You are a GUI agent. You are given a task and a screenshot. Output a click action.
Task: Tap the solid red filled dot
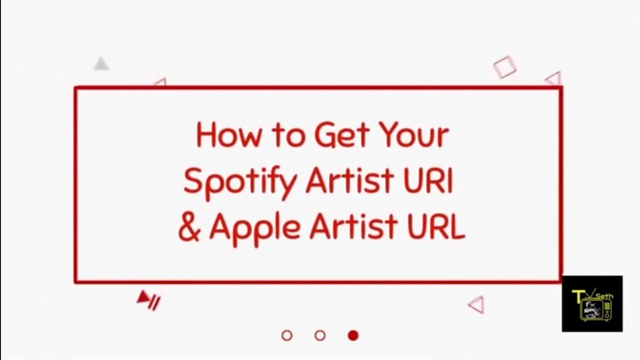[353, 335]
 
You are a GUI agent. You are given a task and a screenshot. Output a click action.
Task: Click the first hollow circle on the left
[287, 335]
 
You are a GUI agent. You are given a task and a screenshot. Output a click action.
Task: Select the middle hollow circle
[320, 335]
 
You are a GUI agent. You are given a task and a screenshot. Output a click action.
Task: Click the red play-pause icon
[149, 300]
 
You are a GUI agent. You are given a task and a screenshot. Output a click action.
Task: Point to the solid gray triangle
[101, 64]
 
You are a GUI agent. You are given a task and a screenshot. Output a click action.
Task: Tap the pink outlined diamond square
[504, 67]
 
